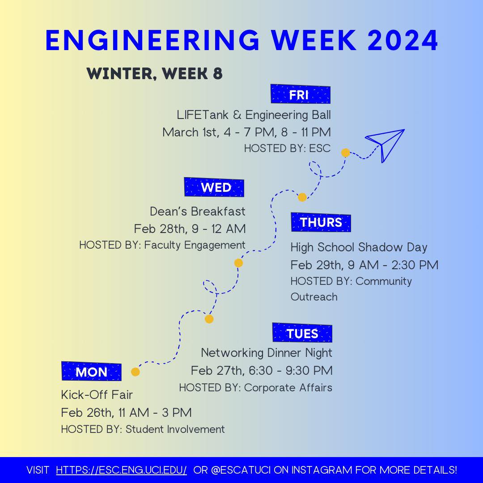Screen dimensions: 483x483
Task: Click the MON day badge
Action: (x=91, y=372)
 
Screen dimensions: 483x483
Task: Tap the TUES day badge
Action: (x=302, y=333)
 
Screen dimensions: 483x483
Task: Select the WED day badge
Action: (x=214, y=187)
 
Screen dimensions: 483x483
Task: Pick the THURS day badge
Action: (x=321, y=222)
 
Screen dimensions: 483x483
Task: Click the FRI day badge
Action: (x=300, y=94)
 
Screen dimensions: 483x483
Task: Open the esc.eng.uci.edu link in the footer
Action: (x=121, y=470)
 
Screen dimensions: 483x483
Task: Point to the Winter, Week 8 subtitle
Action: (x=154, y=74)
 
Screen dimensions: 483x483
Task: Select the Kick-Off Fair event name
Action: (x=97, y=395)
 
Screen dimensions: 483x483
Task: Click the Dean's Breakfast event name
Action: (x=198, y=211)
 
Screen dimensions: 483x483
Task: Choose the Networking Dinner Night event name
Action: (x=267, y=353)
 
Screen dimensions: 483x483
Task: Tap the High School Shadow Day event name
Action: (x=359, y=247)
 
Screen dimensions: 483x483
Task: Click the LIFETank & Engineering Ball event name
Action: (x=254, y=115)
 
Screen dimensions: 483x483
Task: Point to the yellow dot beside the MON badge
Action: (x=136, y=372)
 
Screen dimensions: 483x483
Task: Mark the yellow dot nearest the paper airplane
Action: (x=345, y=153)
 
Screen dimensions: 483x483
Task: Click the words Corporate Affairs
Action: (x=288, y=387)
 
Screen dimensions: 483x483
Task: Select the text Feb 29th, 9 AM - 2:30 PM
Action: (x=364, y=265)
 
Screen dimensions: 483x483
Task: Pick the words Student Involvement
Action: (x=175, y=429)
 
